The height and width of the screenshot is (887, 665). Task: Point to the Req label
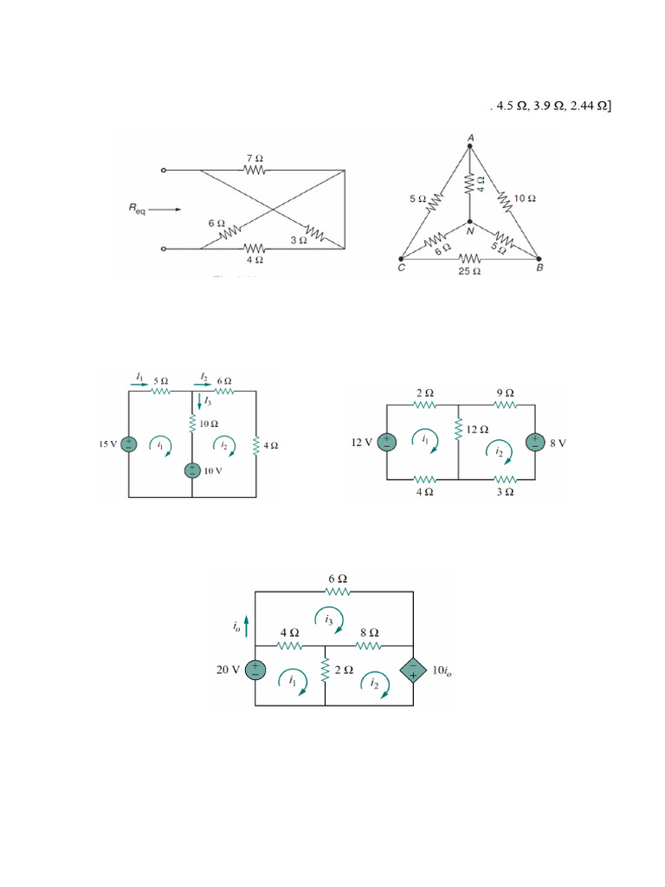[139, 208]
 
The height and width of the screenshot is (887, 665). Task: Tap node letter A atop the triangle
[470, 137]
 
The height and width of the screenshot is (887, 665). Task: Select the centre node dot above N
[469, 222]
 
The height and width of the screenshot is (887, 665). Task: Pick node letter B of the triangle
[539, 268]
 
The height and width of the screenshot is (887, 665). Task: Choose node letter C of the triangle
[400, 268]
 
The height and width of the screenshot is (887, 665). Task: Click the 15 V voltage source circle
[128, 444]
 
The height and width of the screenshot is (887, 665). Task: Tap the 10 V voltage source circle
[191, 470]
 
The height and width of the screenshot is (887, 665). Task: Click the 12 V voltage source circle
[387, 442]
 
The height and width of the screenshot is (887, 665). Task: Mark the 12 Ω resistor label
[477, 430]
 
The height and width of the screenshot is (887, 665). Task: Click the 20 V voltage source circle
[255, 670]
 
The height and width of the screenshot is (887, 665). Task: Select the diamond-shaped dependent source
[412, 670]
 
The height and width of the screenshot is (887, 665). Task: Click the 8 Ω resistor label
[370, 632]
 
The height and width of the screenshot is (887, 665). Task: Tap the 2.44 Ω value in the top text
[592, 107]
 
